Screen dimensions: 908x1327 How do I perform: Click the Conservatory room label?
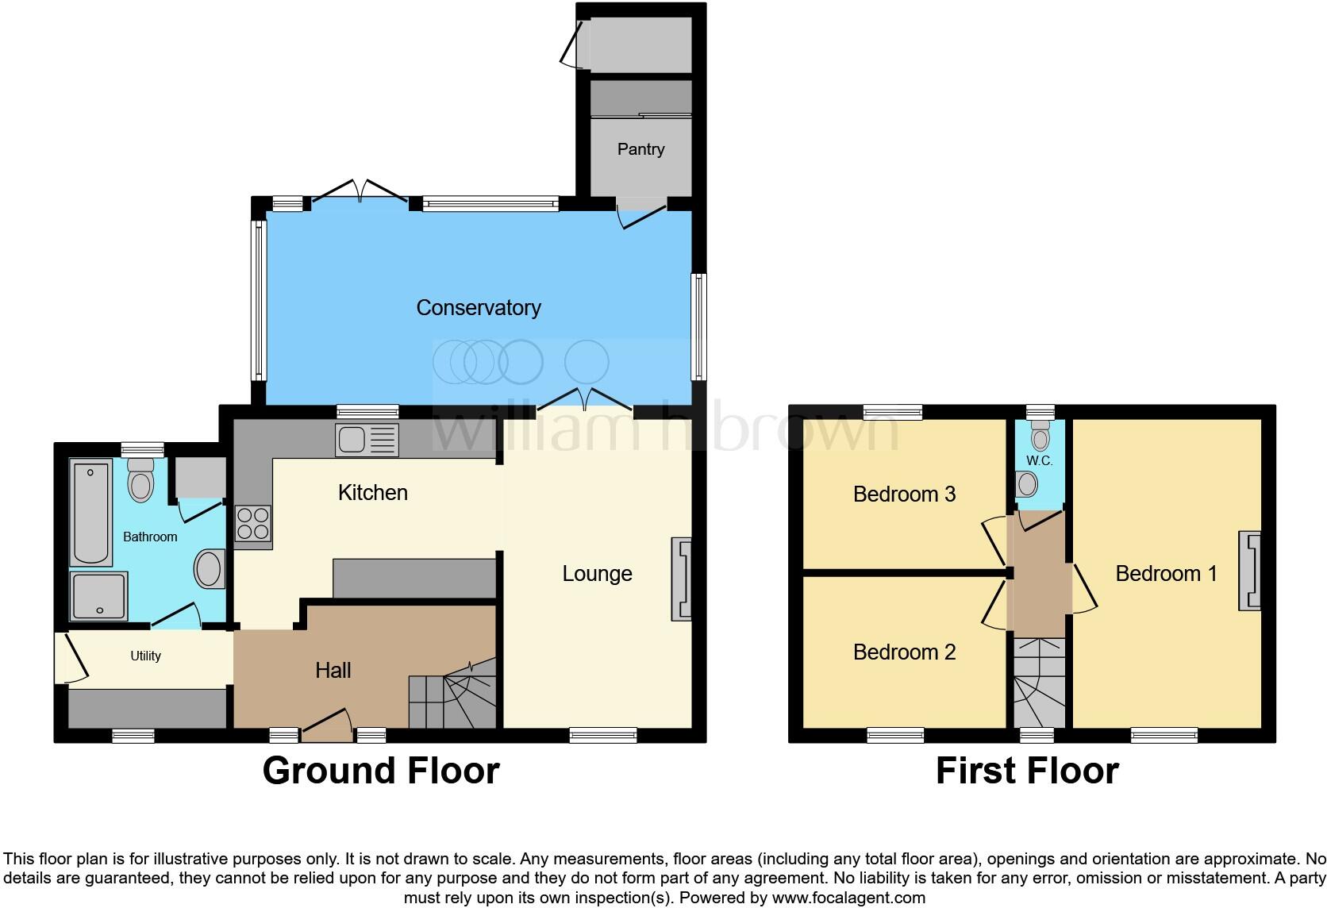(479, 308)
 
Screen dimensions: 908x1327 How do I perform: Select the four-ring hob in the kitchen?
(253, 524)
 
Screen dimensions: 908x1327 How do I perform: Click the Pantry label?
(640, 149)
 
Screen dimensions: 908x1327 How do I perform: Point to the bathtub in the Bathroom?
(90, 513)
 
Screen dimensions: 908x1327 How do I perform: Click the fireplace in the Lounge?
(681, 579)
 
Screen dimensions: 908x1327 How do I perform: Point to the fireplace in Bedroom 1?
(1249, 571)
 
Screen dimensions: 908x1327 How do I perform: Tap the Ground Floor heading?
(381, 771)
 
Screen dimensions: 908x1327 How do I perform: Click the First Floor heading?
(1027, 771)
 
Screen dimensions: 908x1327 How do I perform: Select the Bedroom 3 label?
(904, 494)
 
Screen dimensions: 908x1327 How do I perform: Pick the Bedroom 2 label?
(904, 652)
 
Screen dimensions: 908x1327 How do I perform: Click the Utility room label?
(145, 656)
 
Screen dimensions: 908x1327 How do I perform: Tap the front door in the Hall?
(327, 724)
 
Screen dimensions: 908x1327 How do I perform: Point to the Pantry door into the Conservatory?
(642, 214)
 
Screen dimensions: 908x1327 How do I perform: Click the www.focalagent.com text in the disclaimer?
(848, 898)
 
